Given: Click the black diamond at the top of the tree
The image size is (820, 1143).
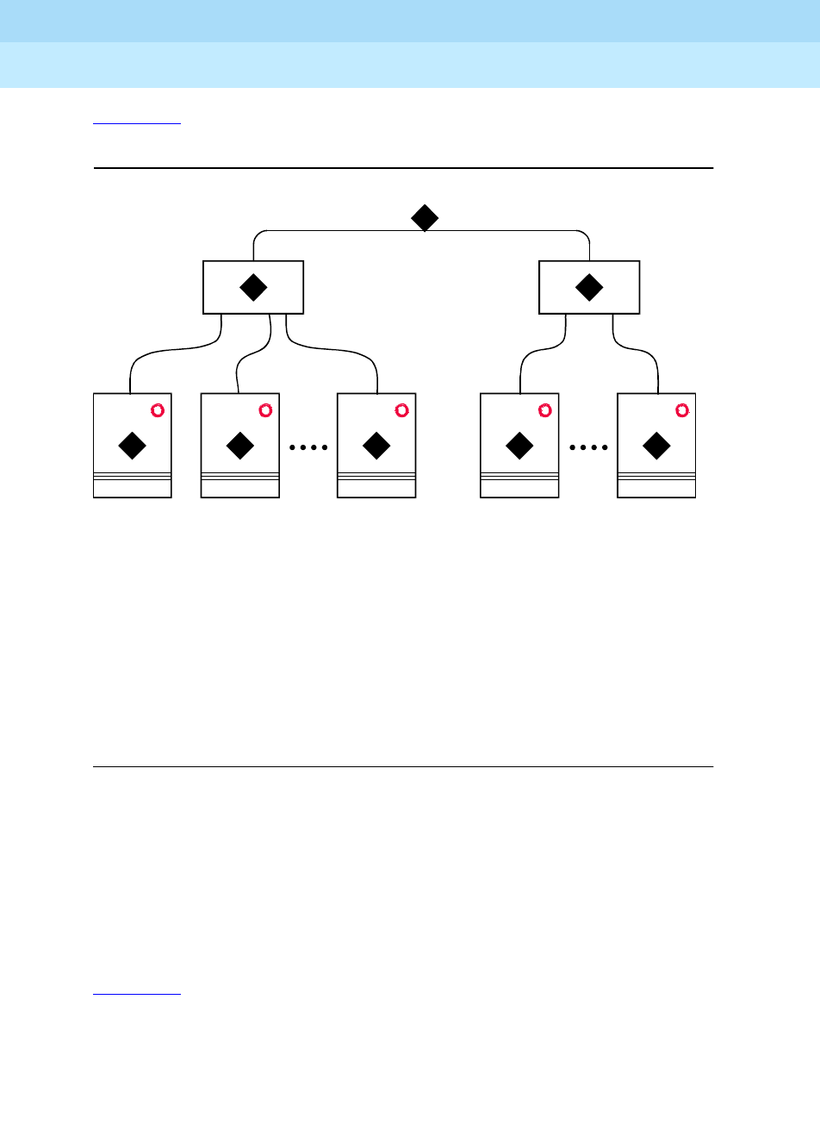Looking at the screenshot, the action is click(425, 218).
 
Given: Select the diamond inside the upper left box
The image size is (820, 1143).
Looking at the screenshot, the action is click(253, 287).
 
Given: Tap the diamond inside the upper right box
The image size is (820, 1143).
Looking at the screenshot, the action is click(589, 287).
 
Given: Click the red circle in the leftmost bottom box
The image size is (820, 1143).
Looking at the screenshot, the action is click(158, 410).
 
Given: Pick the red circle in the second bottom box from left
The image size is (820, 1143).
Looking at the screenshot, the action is click(265, 410).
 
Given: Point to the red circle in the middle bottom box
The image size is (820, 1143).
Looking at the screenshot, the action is click(401, 410).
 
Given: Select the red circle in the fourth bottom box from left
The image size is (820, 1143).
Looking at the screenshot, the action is click(544, 410).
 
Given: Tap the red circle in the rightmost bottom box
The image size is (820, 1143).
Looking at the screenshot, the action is click(682, 410).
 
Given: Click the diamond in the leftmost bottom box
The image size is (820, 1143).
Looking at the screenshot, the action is click(132, 446).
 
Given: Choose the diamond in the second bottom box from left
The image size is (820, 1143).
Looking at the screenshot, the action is click(239, 446).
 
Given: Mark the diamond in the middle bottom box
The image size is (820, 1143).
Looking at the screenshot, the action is click(376, 446).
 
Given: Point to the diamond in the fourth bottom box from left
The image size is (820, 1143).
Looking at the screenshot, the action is click(519, 446).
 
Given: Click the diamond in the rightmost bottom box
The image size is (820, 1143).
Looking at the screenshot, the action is click(656, 446).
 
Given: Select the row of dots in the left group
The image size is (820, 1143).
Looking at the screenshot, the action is click(308, 447).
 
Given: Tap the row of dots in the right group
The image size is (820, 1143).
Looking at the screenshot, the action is click(588, 447).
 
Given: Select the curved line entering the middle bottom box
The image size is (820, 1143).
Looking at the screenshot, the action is click(336, 349).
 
